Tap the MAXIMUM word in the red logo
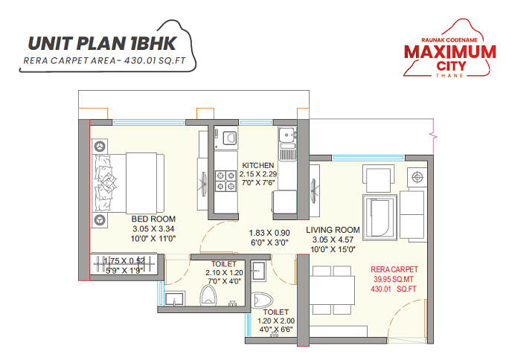449,52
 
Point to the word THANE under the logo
449,76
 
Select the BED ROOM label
153,219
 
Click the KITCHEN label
257,165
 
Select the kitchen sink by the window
286,135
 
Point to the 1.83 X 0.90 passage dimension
269,232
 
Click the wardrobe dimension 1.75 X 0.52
125,260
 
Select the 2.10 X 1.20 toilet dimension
224,273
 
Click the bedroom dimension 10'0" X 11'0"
153,239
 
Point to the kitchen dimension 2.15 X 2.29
257,174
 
